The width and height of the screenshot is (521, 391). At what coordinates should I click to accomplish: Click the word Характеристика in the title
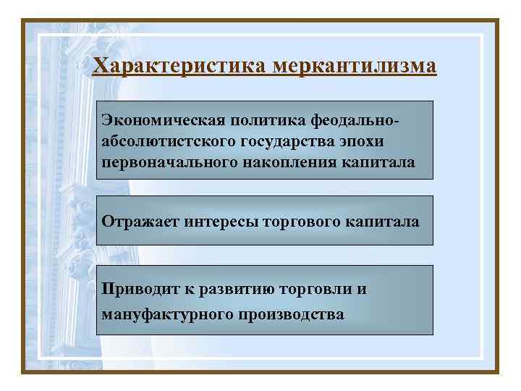tap(180, 67)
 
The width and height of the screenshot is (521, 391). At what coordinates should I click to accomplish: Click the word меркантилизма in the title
tap(355, 67)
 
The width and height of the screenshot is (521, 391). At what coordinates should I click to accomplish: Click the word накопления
tap(298, 162)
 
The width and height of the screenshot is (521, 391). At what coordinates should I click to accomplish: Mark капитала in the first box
tap(384, 162)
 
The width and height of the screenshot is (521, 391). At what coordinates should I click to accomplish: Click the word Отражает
tap(140, 220)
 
